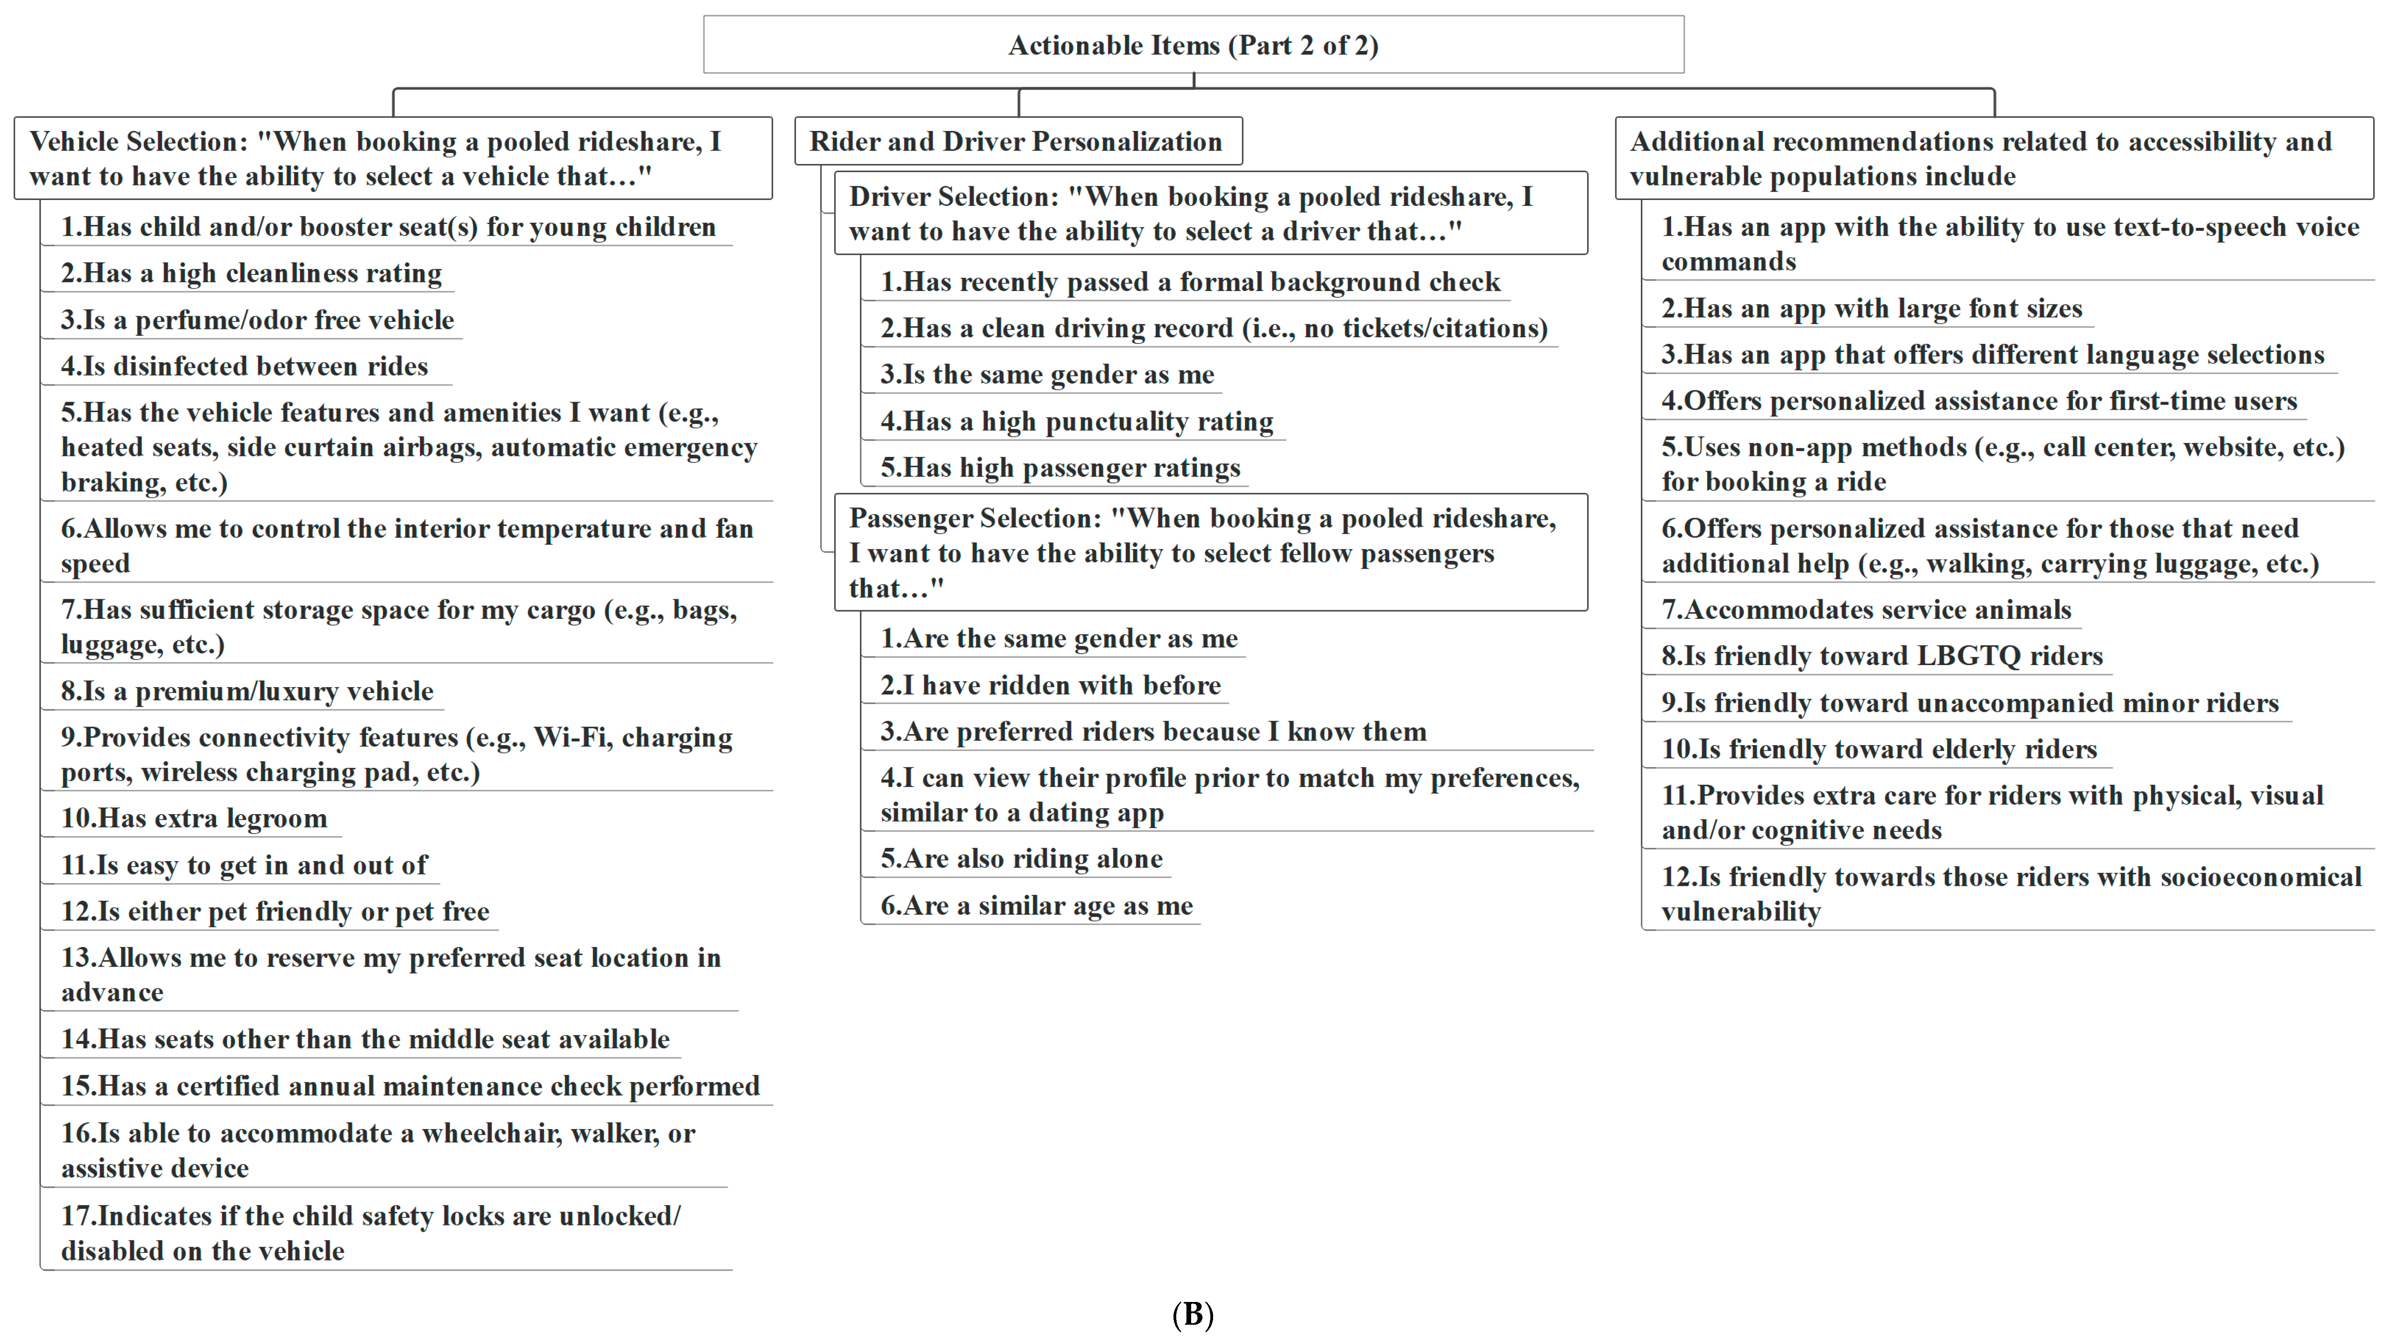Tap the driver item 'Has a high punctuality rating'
(1077, 422)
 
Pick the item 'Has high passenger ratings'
(1060, 468)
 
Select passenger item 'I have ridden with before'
(1051, 686)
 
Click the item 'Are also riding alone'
(1021, 859)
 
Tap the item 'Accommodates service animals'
(1866, 610)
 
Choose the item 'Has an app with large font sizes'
(1872, 309)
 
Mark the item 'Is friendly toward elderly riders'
(1879, 749)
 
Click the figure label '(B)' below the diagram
(1193, 1314)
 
